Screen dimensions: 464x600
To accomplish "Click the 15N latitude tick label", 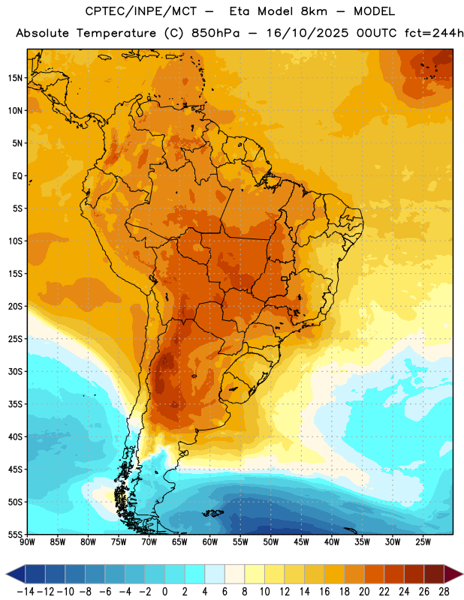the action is pyautogui.click(x=15, y=78).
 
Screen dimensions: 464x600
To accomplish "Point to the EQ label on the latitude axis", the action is pyautogui.click(x=17, y=176).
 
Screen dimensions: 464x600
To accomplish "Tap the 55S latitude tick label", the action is pyautogui.click(x=15, y=534).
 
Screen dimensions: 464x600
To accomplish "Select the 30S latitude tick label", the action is pyautogui.click(x=15, y=371).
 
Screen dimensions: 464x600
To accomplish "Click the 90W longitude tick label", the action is pyautogui.click(x=28, y=542).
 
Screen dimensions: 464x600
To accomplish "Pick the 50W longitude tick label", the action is pyautogui.click(x=271, y=542).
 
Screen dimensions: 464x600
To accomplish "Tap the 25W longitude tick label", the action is pyautogui.click(x=423, y=542).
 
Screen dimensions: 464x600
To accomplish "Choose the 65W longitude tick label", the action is pyautogui.click(x=179, y=542).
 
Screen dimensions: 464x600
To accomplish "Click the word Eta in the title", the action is pyautogui.click(x=240, y=11).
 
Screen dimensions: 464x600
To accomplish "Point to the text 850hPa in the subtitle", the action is pyautogui.click(x=215, y=33).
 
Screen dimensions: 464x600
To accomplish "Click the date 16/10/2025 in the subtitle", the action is pyautogui.click(x=307, y=33).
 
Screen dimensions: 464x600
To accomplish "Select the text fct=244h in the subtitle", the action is pyautogui.click(x=434, y=33).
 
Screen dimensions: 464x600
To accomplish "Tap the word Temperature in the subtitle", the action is pyautogui.click(x=116, y=34).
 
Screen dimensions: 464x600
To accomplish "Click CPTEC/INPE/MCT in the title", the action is pyautogui.click(x=141, y=11).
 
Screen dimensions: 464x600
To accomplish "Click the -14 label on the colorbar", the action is pyautogui.click(x=26, y=592).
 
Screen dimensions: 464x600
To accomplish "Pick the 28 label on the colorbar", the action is pyautogui.click(x=444, y=592).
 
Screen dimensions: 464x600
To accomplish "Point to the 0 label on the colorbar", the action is pyautogui.click(x=165, y=592).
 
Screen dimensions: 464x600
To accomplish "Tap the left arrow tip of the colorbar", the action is pyautogui.click(x=6, y=574).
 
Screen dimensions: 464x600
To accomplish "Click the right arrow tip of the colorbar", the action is pyautogui.click(x=462, y=574).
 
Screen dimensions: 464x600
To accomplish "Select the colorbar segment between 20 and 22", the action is pyautogui.click(x=375, y=574).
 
